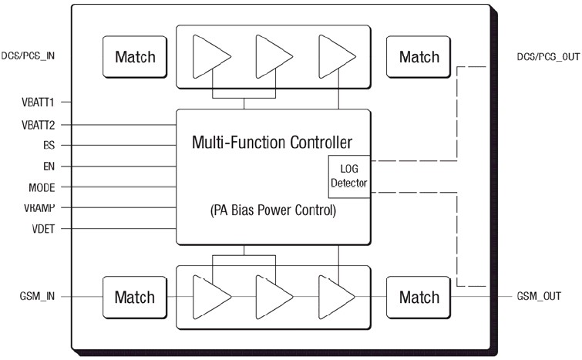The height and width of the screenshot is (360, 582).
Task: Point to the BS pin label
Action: tap(48, 145)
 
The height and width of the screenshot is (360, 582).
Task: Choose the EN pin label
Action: tap(48, 166)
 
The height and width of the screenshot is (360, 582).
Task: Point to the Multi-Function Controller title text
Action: tap(273, 142)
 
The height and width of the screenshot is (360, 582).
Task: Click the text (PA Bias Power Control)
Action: tap(273, 210)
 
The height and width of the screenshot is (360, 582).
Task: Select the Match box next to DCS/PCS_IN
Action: tap(135, 56)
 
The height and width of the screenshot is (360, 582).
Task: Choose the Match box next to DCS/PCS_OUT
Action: tap(419, 56)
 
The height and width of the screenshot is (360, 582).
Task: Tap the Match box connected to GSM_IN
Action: tap(135, 297)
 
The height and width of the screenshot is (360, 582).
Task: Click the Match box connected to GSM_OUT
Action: tap(419, 297)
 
